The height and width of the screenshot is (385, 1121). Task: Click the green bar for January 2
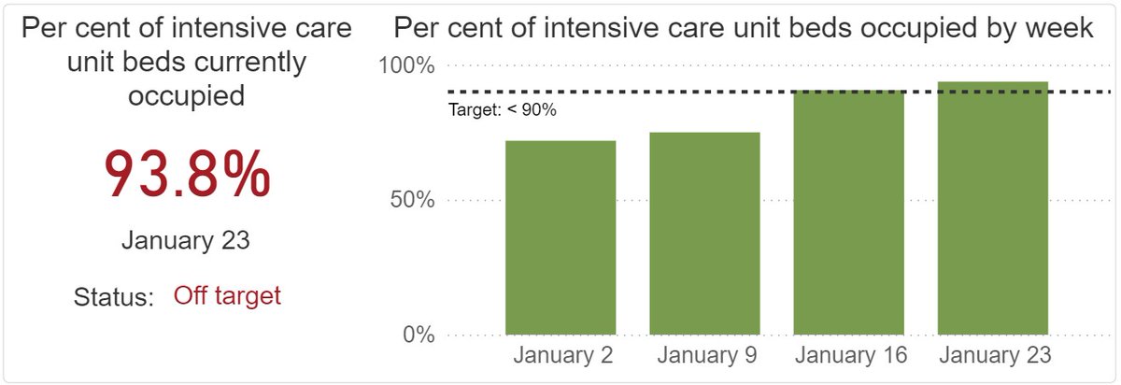[560, 237]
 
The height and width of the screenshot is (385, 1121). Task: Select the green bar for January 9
[705, 234]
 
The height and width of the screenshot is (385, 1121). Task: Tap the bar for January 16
[849, 212]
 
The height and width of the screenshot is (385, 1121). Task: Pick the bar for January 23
[993, 207]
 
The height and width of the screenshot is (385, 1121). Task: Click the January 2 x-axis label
[560, 356]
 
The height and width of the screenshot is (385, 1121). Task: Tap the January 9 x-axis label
[705, 356]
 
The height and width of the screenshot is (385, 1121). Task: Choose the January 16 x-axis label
[849, 356]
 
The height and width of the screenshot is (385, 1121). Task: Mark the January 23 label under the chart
[995, 356]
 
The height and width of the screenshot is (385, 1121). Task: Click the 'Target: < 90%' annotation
[503, 110]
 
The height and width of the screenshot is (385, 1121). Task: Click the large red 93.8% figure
[187, 174]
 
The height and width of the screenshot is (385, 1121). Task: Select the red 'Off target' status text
[227, 296]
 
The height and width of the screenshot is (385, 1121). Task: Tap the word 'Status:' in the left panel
[113, 297]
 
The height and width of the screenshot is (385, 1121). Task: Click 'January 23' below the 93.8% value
[186, 240]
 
